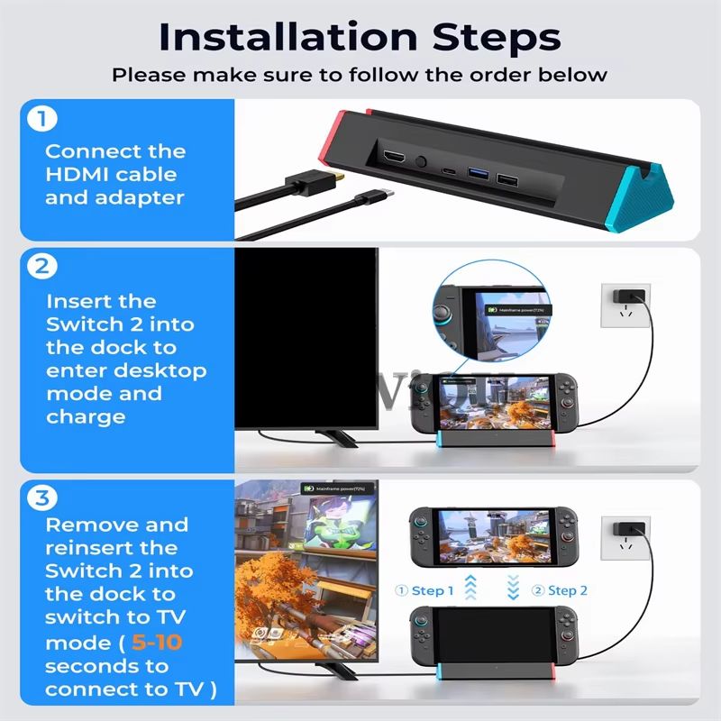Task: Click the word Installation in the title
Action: [x=270, y=38]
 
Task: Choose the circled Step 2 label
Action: [x=560, y=590]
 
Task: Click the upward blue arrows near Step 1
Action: [x=470, y=589]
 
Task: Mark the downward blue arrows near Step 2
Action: [x=514, y=589]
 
